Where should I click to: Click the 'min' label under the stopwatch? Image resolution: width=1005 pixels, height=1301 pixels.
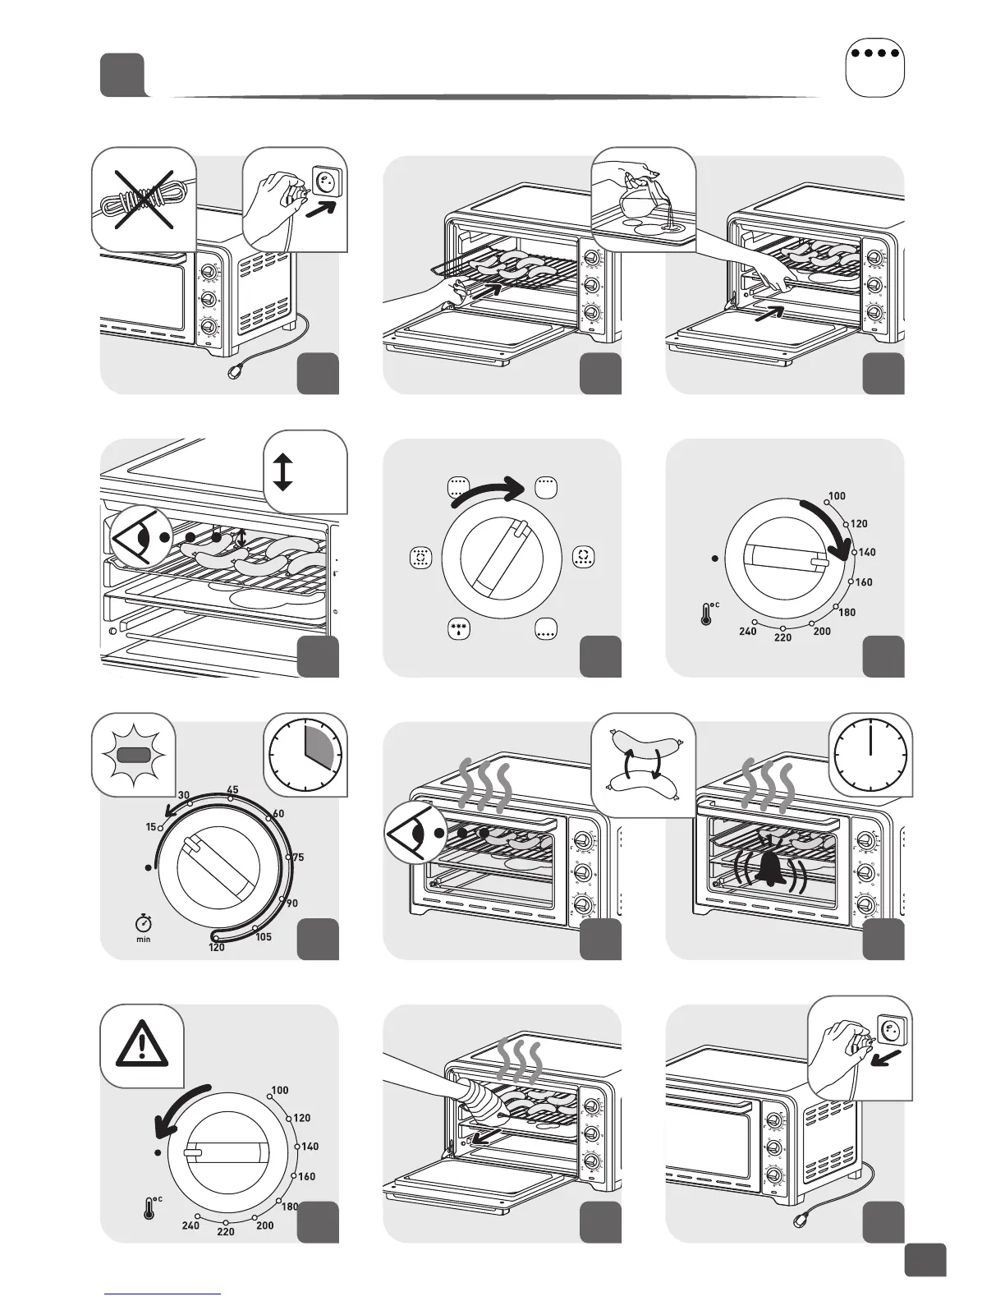[144, 939]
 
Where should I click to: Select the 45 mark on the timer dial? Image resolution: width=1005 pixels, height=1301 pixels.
[232, 790]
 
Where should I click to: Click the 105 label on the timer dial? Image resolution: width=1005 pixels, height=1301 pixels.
[264, 937]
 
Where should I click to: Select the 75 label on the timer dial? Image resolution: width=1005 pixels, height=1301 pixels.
[297, 857]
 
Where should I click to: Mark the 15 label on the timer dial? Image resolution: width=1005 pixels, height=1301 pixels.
[151, 827]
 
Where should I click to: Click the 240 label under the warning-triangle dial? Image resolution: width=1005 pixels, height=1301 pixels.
[190, 1225]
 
